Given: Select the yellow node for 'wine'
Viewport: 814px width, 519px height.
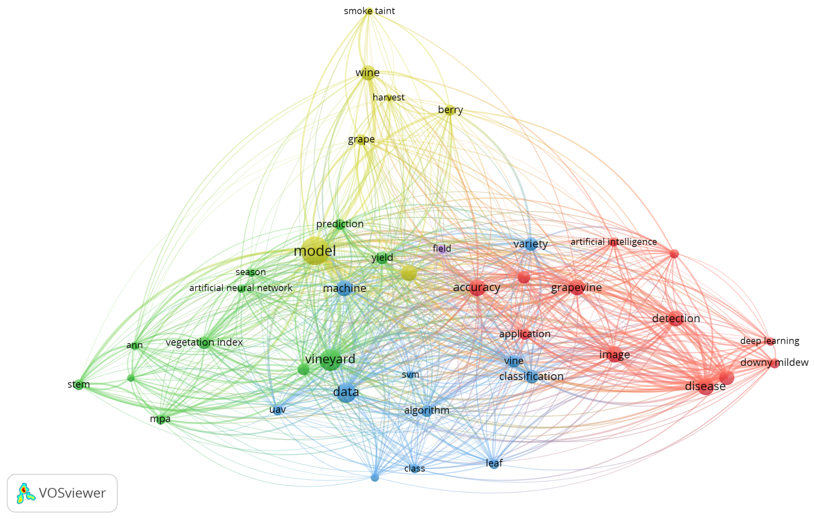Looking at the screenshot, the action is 368,73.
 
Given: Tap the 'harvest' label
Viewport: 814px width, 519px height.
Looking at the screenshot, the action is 388,98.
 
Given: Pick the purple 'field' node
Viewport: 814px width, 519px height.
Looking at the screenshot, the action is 442,249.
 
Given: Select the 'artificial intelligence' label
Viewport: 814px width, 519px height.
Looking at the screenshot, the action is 613,242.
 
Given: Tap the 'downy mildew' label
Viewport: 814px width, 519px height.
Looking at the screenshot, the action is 774,363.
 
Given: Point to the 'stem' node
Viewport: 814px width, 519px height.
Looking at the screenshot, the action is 79,384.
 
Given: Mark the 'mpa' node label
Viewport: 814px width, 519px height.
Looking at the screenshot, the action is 160,419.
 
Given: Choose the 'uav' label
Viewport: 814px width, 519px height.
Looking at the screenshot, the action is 278,410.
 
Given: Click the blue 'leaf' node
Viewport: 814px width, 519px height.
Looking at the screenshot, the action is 494,463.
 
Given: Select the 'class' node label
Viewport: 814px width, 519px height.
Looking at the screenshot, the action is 414,469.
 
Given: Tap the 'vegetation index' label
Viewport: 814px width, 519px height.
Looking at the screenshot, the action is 204,342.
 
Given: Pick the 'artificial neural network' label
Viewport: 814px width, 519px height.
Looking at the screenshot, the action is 241,288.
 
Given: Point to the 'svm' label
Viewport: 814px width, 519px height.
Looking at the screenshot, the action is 410,374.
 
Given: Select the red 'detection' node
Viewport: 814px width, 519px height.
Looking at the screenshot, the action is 676,318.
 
